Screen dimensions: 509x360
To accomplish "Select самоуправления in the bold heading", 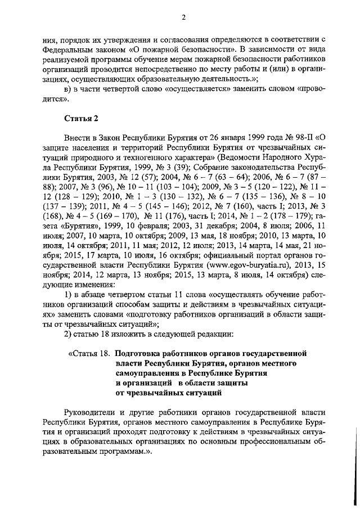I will coord(147,373).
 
